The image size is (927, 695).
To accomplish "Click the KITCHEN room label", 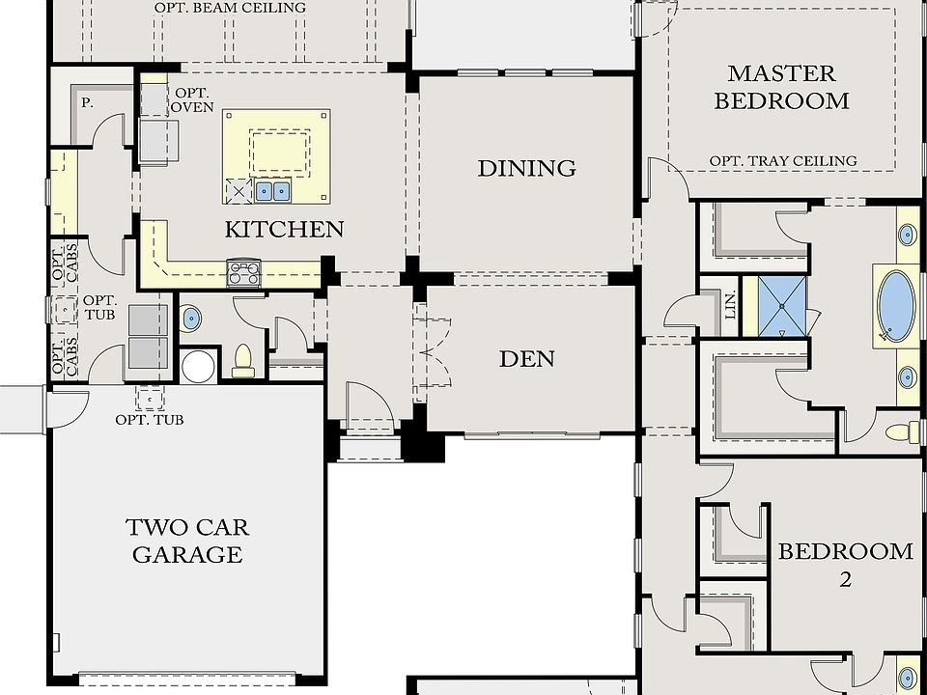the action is click(284, 230).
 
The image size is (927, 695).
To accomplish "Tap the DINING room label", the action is click(527, 168).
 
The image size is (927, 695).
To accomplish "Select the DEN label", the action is click(527, 359).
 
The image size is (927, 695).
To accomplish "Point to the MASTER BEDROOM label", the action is click(781, 88).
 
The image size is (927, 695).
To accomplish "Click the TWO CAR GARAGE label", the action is click(187, 541).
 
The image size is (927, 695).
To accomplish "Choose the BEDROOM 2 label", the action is click(846, 565).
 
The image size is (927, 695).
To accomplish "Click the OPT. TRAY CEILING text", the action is click(783, 161).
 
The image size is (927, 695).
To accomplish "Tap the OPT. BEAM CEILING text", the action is click(231, 8).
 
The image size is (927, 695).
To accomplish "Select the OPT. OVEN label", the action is click(193, 99).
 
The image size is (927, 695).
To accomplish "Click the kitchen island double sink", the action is click(272, 191).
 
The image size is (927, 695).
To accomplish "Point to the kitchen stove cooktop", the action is click(243, 273).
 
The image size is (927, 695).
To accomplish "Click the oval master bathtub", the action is click(896, 306).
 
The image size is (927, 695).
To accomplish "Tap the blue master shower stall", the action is click(782, 306).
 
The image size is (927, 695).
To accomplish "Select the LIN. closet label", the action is click(731, 305).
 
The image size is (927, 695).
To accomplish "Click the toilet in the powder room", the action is click(243, 360).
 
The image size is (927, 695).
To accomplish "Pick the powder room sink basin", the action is click(190, 319).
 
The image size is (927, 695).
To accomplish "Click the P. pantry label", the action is click(87, 103).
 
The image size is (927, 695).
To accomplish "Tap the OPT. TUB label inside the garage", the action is click(150, 420).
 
